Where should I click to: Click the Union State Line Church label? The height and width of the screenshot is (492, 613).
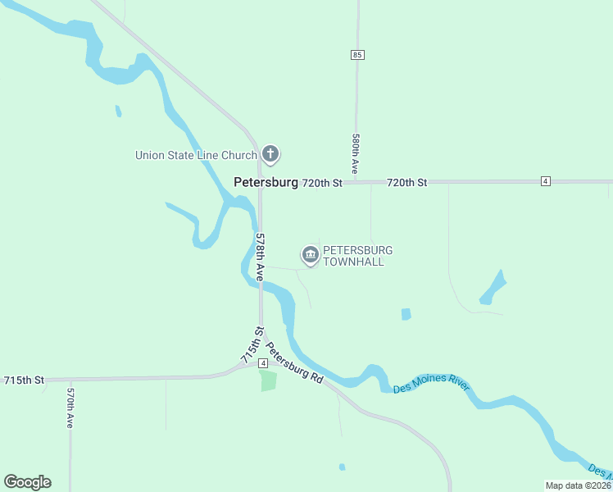point(196,154)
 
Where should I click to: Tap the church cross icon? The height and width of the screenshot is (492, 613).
point(270,153)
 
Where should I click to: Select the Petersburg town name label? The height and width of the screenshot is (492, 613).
point(266,183)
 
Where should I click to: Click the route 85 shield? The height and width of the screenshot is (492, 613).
point(356,54)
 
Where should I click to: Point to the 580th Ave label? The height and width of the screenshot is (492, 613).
point(356,153)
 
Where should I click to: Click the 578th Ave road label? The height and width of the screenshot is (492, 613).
point(261,257)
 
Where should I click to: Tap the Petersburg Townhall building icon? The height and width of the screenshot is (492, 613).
point(310,255)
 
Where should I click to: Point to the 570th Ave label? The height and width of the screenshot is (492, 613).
point(70,408)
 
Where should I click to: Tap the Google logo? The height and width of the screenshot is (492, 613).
point(27,481)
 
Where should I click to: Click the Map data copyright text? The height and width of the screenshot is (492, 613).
point(578,485)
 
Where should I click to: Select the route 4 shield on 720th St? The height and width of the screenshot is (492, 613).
point(545,180)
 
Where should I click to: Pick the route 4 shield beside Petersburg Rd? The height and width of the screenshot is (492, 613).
point(263,362)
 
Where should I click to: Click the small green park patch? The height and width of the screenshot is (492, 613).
point(268,380)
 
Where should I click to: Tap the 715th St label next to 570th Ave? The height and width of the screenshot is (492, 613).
point(24,380)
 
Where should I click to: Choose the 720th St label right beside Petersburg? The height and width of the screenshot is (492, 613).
point(321,183)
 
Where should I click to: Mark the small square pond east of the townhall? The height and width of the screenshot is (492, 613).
point(406,314)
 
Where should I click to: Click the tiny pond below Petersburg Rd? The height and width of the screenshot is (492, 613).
point(342,467)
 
